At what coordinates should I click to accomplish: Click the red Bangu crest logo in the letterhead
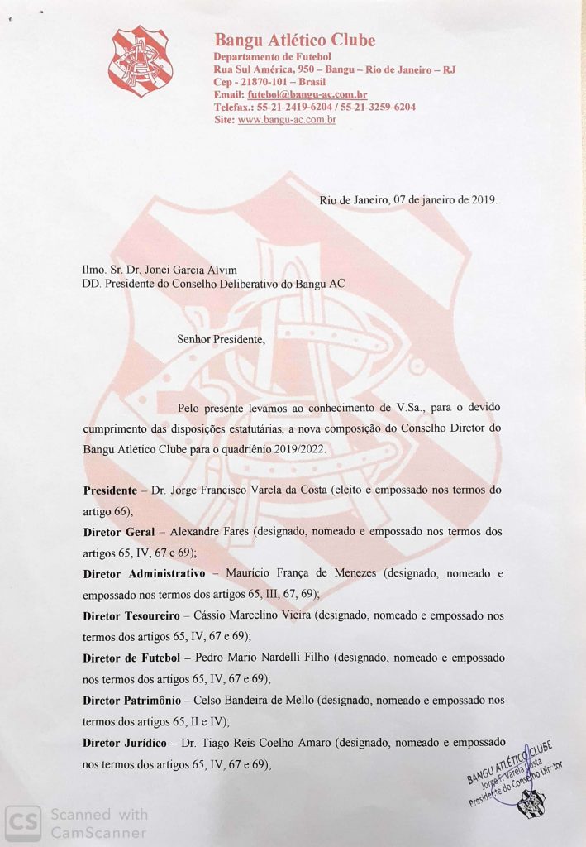[141, 61]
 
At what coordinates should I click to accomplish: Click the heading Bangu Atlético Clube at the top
[294, 40]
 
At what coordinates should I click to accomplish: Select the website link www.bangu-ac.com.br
[287, 119]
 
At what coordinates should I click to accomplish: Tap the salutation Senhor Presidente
[221, 339]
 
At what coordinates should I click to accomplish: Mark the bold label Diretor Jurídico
[126, 742]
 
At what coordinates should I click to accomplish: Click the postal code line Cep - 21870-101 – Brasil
[269, 82]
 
